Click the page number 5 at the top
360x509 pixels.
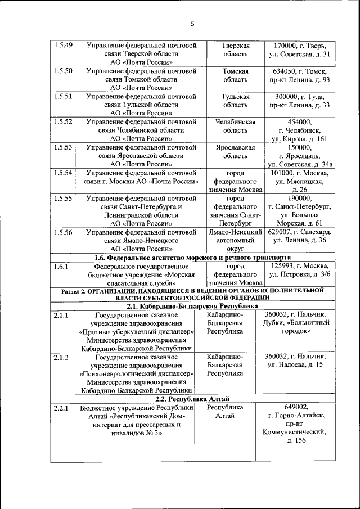click(x=191, y=24)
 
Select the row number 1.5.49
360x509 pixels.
click(x=62, y=45)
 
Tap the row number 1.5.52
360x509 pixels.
click(x=62, y=121)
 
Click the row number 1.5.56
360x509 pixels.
click(x=62, y=232)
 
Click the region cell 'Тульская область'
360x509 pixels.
click(x=236, y=101)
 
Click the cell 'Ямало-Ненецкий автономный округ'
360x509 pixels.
click(x=236, y=240)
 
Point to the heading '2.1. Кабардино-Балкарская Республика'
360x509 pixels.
click(x=192, y=306)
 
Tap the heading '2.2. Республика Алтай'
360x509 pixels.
click(x=192, y=398)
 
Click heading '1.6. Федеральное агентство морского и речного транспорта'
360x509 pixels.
click(x=192, y=257)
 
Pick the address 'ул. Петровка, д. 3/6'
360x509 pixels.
click(x=300, y=274)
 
